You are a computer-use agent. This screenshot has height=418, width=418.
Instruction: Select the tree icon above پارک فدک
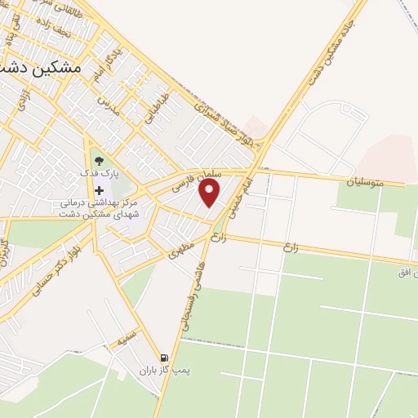[x=99, y=162]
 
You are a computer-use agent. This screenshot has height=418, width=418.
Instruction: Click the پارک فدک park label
[x=99, y=174]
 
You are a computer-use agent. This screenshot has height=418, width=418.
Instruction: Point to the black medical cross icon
[x=99, y=190]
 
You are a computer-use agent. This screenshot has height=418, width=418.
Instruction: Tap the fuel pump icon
[x=164, y=358]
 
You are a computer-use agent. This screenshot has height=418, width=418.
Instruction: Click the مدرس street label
[x=104, y=104]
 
